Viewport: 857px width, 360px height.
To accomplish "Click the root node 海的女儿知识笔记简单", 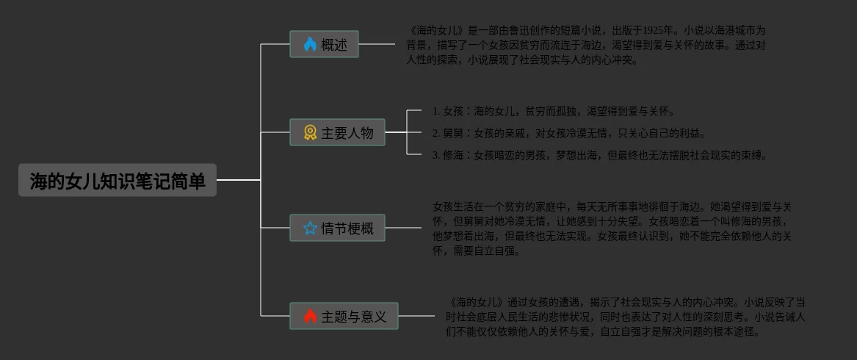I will (x=117, y=180).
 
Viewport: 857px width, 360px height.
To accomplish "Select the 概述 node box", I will (x=324, y=44).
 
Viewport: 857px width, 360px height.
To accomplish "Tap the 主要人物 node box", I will (x=337, y=132).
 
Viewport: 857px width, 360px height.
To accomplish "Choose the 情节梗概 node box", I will (x=337, y=228).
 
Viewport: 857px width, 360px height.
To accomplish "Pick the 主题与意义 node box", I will (x=344, y=316).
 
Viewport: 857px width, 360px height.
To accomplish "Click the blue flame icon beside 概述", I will (x=310, y=44).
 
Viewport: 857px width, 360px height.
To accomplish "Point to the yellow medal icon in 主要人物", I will (x=310, y=132).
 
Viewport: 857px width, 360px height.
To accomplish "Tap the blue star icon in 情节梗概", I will (x=310, y=228).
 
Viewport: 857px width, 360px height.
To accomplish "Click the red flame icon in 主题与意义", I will (x=310, y=316).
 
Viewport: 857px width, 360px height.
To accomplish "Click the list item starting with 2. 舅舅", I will (x=568, y=133).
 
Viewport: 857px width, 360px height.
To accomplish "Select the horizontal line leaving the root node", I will (x=238, y=179).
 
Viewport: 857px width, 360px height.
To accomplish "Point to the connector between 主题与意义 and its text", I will (x=416, y=316).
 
